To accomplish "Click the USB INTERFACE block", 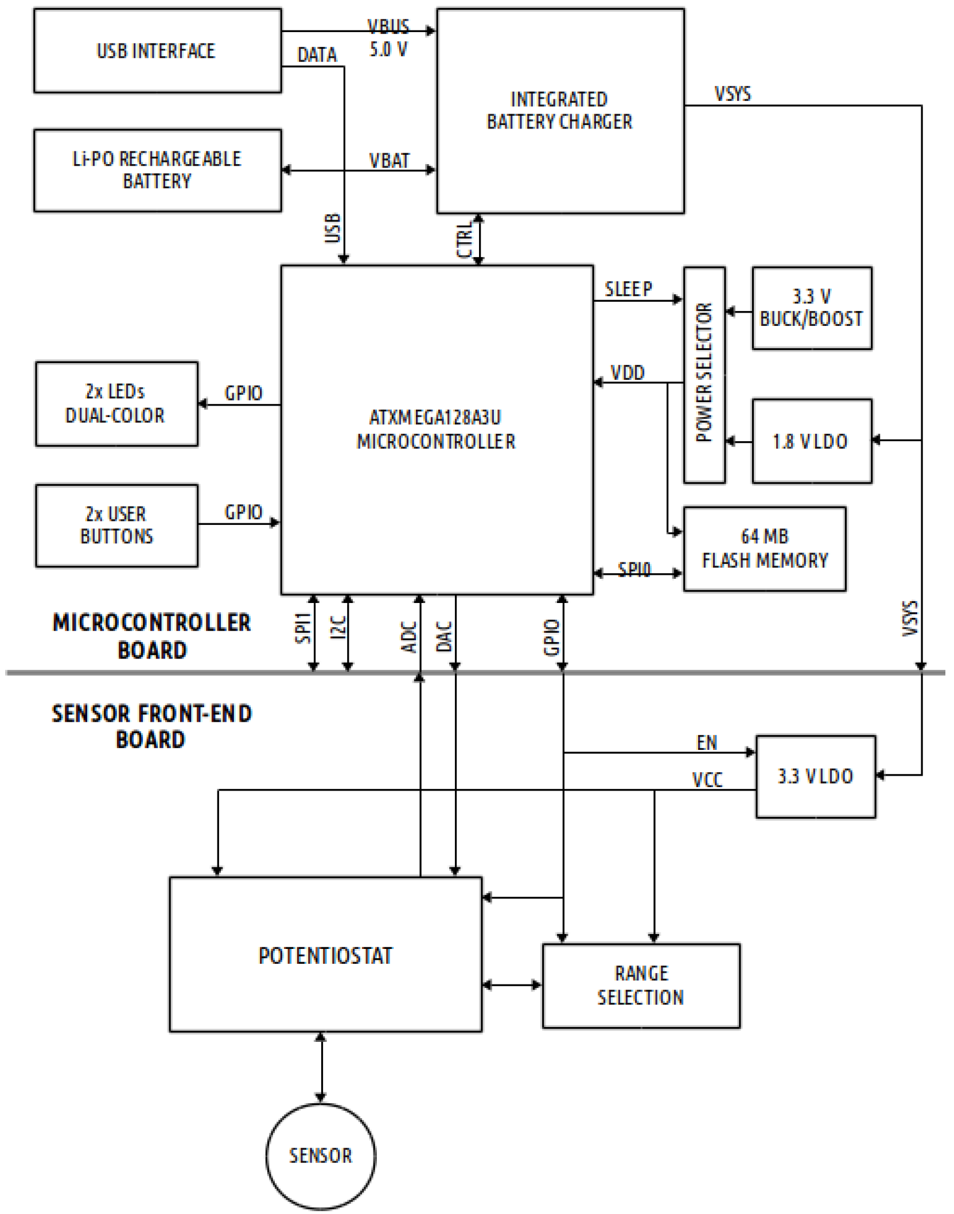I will pos(157,50).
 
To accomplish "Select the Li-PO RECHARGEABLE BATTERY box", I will pos(157,170).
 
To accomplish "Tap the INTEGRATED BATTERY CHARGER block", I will pos(560,111).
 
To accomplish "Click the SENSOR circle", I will pos(321,1155).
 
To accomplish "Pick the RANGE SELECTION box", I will pos(641,985).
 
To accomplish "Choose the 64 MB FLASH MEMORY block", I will pos(765,548).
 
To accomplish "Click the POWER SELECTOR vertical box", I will pos(704,374).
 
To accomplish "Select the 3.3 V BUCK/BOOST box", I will pos(812,308).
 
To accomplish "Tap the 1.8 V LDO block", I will pos(812,441).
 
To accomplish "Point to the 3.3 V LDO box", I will pos(815,776).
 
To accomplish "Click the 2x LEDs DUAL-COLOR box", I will pos(116,403).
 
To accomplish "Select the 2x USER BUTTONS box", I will pos(116,526).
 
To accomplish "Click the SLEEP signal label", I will pos(628,289).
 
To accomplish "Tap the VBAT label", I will pos(389,161).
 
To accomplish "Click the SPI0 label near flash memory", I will pos(634,569).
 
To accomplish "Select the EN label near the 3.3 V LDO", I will pos(707,743).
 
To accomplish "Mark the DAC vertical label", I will pos(445,636).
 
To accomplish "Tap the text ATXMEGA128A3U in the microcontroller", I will pos(435,417).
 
